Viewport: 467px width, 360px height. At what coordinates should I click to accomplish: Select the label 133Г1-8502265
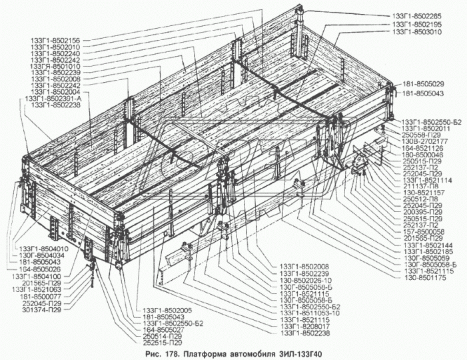tap(420, 14)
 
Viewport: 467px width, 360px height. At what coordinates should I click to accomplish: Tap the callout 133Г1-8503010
tap(420, 31)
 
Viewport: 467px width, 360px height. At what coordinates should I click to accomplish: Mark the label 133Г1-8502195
tap(420, 23)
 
